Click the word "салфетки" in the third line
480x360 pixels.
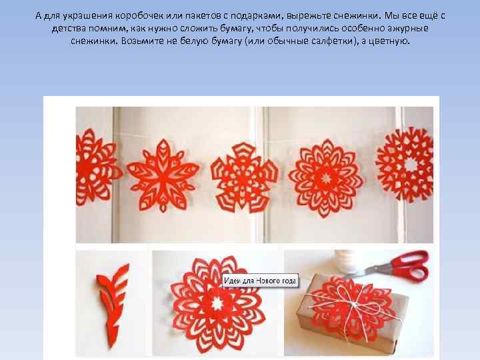(x=310, y=41)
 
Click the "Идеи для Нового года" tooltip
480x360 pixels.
(x=260, y=281)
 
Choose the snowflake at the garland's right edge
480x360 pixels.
(x=405, y=165)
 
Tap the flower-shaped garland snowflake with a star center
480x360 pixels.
(x=326, y=179)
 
